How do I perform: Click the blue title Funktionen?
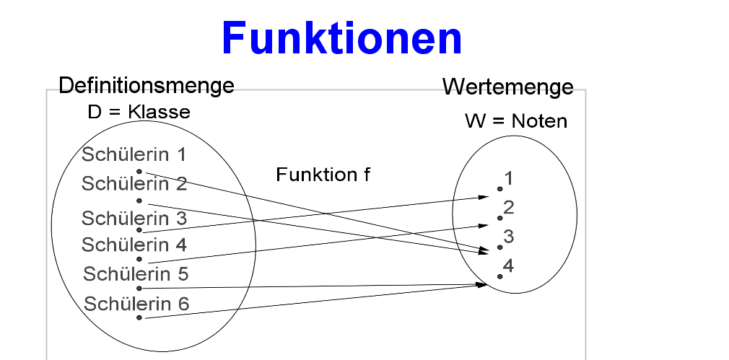(341, 38)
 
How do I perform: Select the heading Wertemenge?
(507, 87)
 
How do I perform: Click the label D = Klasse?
(139, 112)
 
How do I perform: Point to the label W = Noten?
(516, 121)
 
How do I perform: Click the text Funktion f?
(323, 175)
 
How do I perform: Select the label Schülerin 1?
(134, 154)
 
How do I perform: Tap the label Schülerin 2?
(134, 184)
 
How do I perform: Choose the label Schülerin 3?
(134, 219)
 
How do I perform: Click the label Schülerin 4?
(134, 245)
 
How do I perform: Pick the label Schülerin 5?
(136, 274)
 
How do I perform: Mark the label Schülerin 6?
(136, 304)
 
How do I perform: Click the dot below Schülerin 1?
(139, 172)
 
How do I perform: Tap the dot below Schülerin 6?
(139, 317)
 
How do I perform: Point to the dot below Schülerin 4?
(139, 259)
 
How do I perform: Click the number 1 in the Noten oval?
(509, 178)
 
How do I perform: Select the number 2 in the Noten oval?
(509, 208)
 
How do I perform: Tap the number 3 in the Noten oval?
(509, 237)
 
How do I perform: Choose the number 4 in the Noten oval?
(508, 266)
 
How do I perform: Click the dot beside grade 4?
(499, 276)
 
